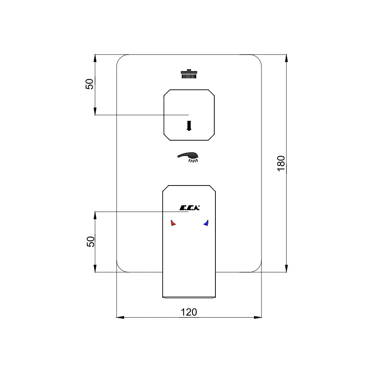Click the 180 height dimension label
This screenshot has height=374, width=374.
(281, 163)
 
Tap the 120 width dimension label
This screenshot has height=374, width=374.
(189, 312)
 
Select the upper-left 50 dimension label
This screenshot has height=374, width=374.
(89, 84)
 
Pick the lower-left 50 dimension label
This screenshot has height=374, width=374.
(91, 241)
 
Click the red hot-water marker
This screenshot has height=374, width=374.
(173, 223)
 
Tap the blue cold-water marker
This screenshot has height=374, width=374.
(206, 223)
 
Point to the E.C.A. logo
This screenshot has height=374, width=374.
(189, 208)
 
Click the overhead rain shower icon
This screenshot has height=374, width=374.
(189, 74)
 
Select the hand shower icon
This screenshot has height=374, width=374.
(188, 157)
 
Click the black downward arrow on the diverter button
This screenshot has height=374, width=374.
(189, 126)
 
